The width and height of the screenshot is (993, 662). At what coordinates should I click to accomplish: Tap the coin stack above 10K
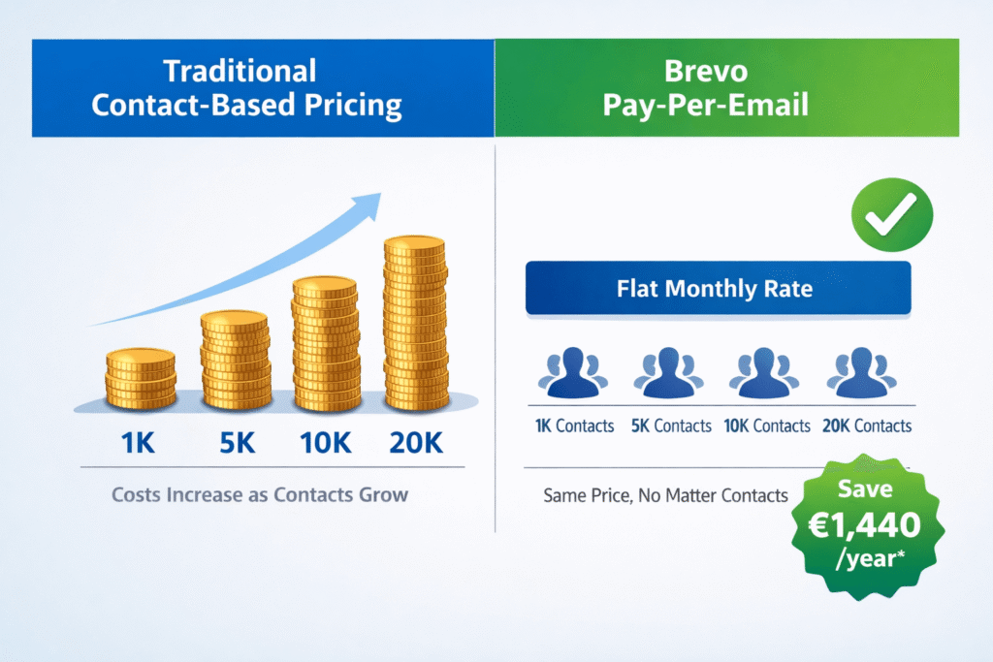[x=326, y=344]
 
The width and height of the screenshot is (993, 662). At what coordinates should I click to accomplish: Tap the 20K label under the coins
[x=417, y=445]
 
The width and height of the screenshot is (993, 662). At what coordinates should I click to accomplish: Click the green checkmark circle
[x=891, y=215]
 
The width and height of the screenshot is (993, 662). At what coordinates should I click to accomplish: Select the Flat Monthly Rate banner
[x=718, y=288]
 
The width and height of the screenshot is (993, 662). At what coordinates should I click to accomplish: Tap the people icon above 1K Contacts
[x=574, y=375]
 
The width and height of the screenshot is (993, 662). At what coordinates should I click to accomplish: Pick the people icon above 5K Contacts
[x=670, y=375]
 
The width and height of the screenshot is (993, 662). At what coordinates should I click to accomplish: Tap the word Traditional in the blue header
[x=240, y=71]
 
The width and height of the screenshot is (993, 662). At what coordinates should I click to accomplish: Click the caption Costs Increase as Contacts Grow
[x=260, y=494]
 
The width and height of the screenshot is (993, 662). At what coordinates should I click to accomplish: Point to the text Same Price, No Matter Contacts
[x=664, y=495]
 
